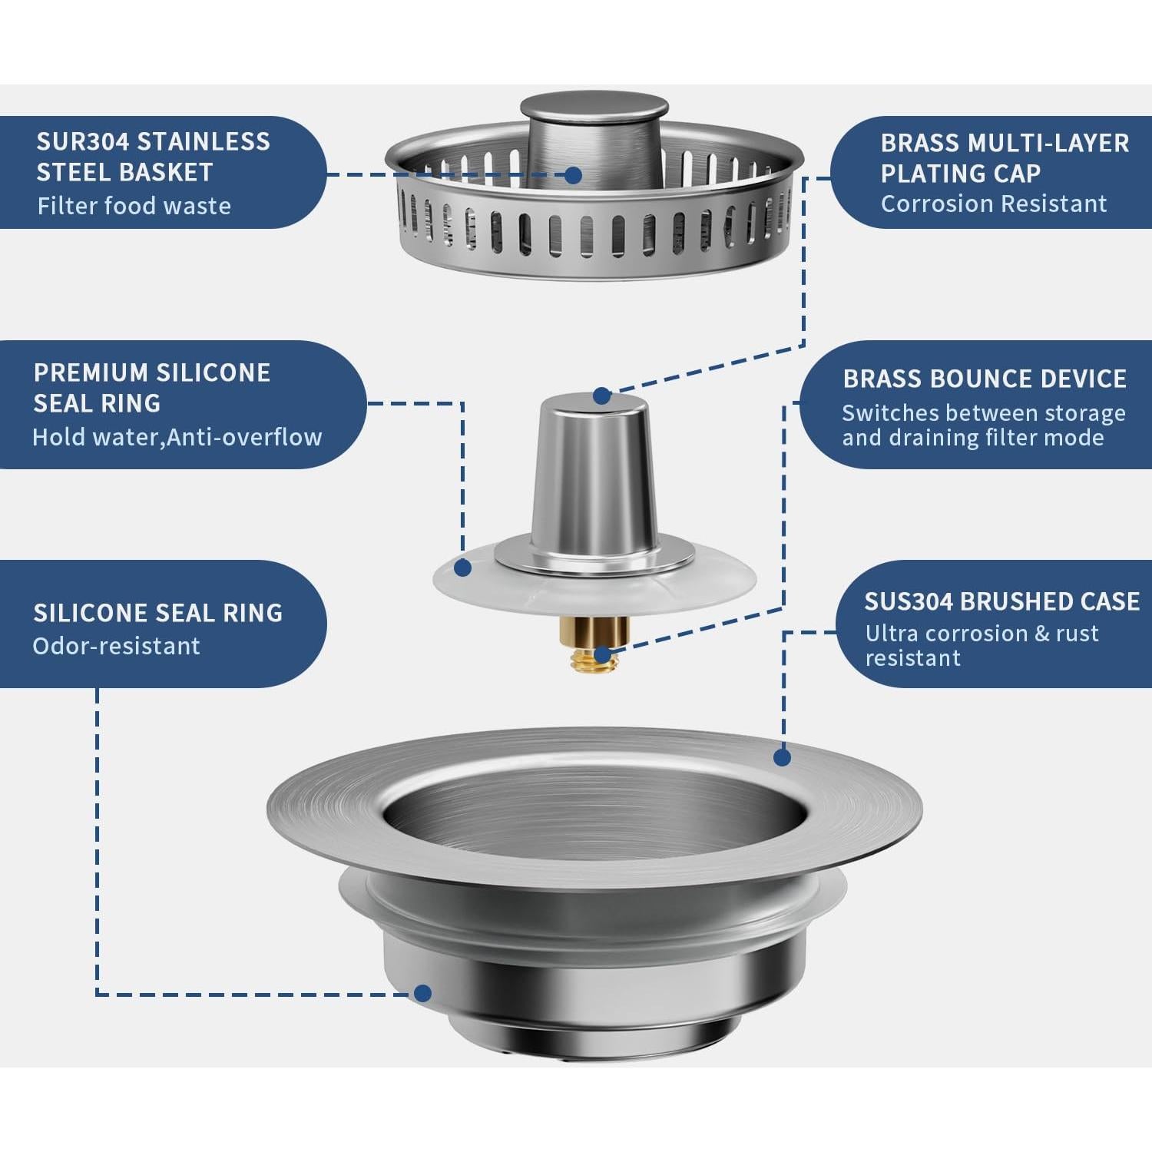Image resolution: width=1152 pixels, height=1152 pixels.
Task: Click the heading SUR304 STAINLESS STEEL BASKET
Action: pos(153,157)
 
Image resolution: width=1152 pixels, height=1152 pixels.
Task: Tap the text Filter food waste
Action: pos(134,206)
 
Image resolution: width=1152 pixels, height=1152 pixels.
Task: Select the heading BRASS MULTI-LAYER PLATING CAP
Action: pos(1004,158)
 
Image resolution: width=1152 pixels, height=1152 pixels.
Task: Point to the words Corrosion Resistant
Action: pos(993,204)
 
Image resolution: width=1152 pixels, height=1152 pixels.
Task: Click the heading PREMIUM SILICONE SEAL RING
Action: pos(151,388)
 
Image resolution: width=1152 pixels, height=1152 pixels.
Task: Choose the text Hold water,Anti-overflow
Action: pos(177,437)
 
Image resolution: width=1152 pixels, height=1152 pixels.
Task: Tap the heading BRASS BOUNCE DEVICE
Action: pos(984,379)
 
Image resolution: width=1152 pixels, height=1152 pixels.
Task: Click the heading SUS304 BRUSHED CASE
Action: pos(1001,601)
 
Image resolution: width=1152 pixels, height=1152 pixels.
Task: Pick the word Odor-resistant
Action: pos(116,646)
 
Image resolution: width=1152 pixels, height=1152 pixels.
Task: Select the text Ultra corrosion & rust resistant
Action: pos(981,645)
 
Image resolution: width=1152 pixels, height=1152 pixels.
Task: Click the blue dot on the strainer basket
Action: pos(573,175)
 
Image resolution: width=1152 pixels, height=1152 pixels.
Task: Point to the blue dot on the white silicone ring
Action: pos(462,568)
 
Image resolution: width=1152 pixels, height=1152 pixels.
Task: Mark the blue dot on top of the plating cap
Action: pos(602,396)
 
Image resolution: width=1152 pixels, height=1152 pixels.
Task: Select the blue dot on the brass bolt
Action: pos(604,655)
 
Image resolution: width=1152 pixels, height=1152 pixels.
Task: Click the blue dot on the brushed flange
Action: pos(782,757)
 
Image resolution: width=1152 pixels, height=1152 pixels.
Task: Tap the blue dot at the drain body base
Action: pos(422,993)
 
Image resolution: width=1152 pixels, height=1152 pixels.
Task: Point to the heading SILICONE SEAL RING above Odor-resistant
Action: pos(157,613)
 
